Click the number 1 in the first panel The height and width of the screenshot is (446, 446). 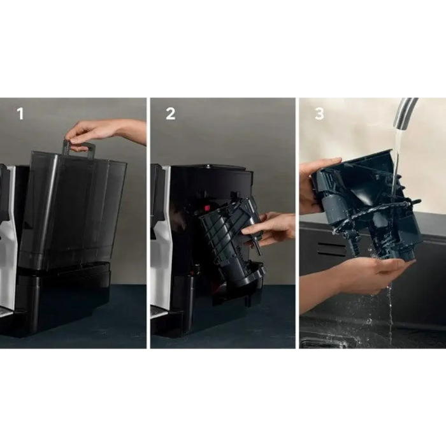click(20, 113)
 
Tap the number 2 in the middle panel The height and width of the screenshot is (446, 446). click(170, 113)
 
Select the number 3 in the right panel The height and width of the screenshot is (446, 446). click(319, 113)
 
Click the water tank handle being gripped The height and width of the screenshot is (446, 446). click(79, 148)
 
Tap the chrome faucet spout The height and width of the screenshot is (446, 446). click(404, 113)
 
